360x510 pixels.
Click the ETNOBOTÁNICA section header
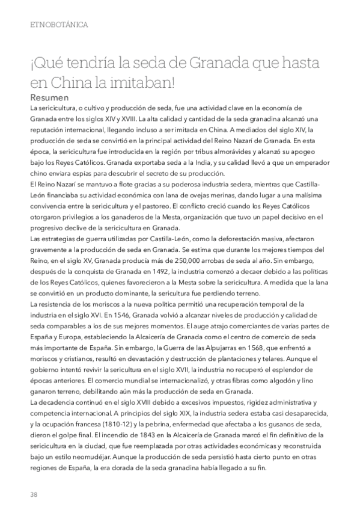pyautogui.click(x=59, y=25)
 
